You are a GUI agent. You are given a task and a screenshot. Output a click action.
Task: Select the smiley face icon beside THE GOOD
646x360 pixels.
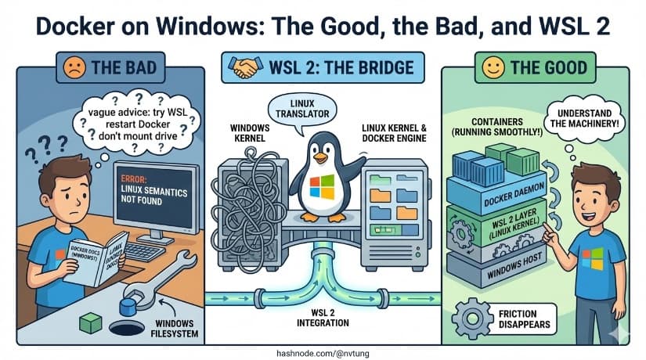point(492,67)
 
